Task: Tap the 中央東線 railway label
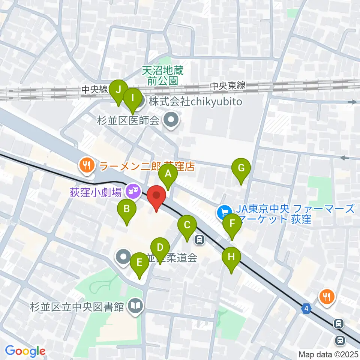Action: (x=228, y=86)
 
